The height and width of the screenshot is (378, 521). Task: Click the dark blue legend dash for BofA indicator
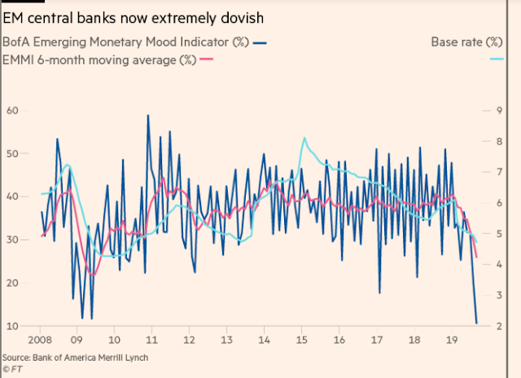click(260, 43)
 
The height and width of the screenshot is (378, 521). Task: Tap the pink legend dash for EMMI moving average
click(206, 59)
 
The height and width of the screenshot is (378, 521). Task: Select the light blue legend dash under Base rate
click(497, 59)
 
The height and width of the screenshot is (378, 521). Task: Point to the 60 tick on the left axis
click(13, 110)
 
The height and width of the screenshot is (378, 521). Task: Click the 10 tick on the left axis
click(13, 326)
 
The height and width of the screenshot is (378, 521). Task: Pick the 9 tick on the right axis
click(499, 110)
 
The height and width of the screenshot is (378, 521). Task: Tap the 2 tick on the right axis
click(499, 326)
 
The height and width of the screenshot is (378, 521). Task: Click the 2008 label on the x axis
click(40, 340)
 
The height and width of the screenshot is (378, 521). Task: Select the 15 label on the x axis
click(301, 340)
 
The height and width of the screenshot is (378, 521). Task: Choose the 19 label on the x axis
click(452, 340)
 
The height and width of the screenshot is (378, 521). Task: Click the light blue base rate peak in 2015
click(304, 138)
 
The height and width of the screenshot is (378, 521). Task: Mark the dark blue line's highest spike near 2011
click(148, 116)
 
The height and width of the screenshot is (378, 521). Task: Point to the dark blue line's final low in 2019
click(476, 323)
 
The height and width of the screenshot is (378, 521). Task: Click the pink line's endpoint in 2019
click(477, 257)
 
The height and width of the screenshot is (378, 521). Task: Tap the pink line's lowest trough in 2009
click(94, 275)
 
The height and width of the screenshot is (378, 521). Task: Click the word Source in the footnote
click(16, 358)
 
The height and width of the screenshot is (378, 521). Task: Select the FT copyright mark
click(12, 369)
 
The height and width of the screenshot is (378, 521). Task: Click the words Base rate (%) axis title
click(466, 42)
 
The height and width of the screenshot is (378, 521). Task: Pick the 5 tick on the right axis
click(499, 234)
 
